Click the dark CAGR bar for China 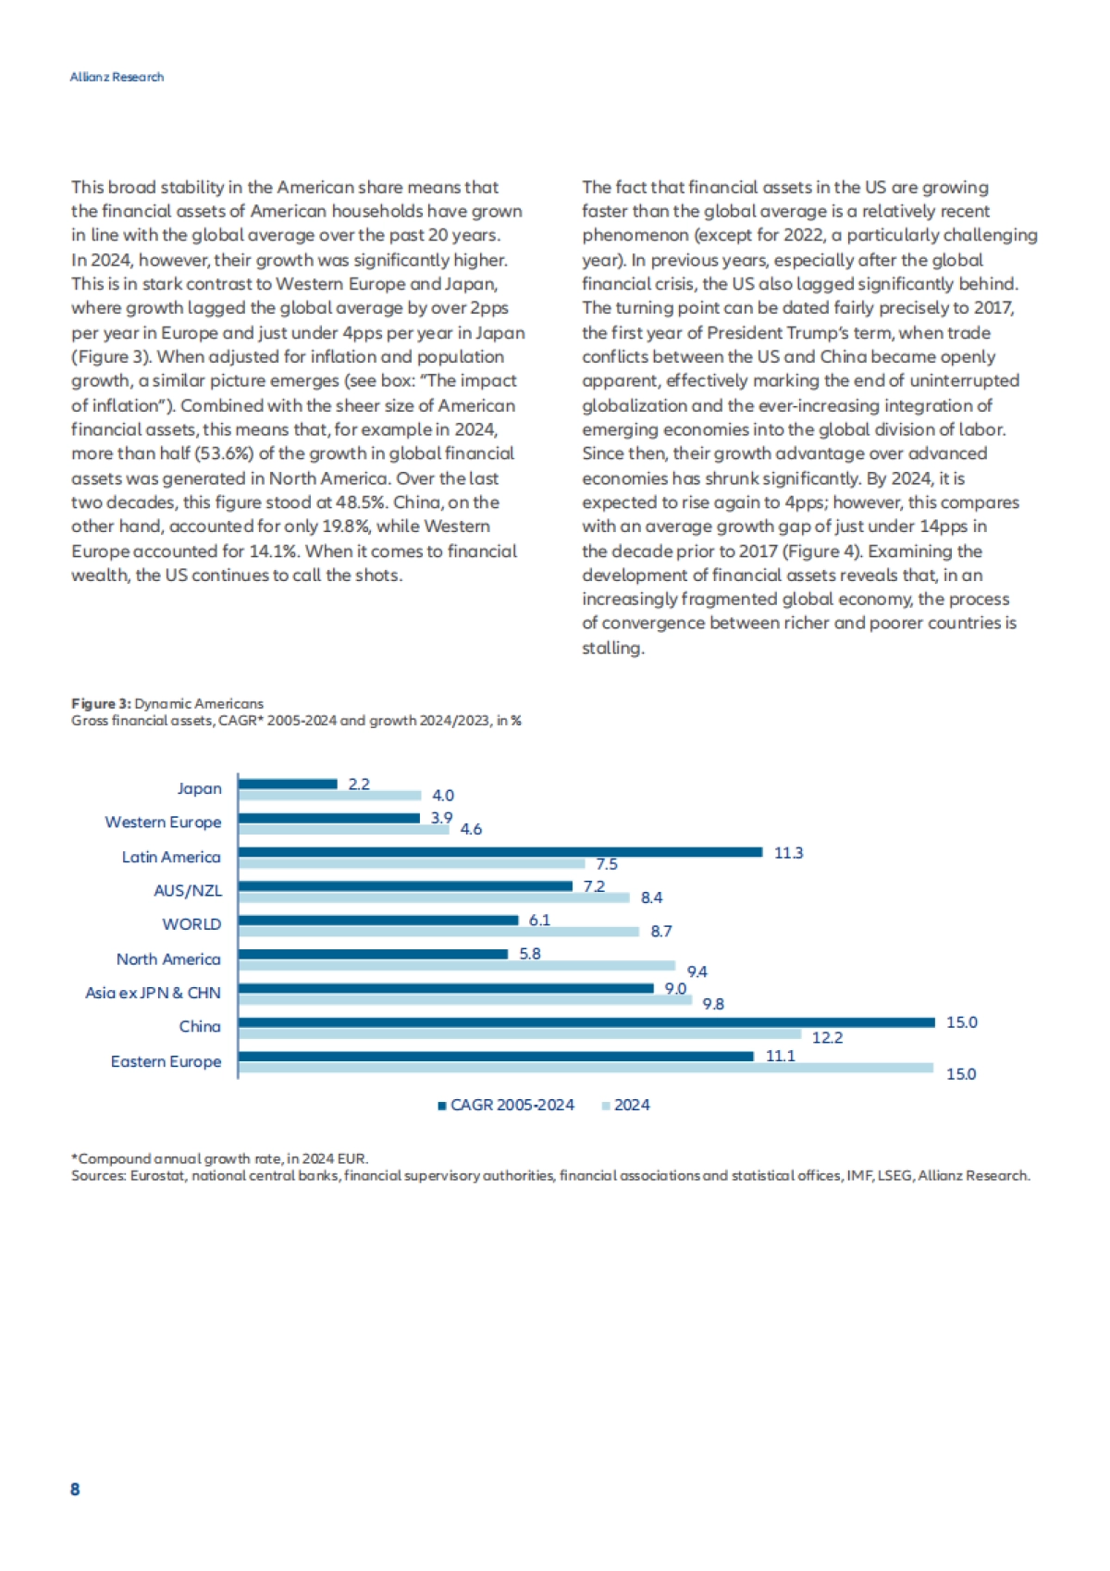point(586,1022)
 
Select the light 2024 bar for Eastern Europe point(586,1068)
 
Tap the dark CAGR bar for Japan point(288,784)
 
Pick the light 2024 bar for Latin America point(412,863)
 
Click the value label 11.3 point(788,852)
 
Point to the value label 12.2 point(827,1037)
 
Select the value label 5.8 point(529,953)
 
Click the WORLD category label point(191,924)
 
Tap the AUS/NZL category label point(188,890)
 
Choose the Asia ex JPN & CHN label point(153,993)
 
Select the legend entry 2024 point(632,1105)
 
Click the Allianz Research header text point(117,77)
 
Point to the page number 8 point(75,1489)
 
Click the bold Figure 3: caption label point(101,704)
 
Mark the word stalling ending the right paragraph point(611,648)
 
